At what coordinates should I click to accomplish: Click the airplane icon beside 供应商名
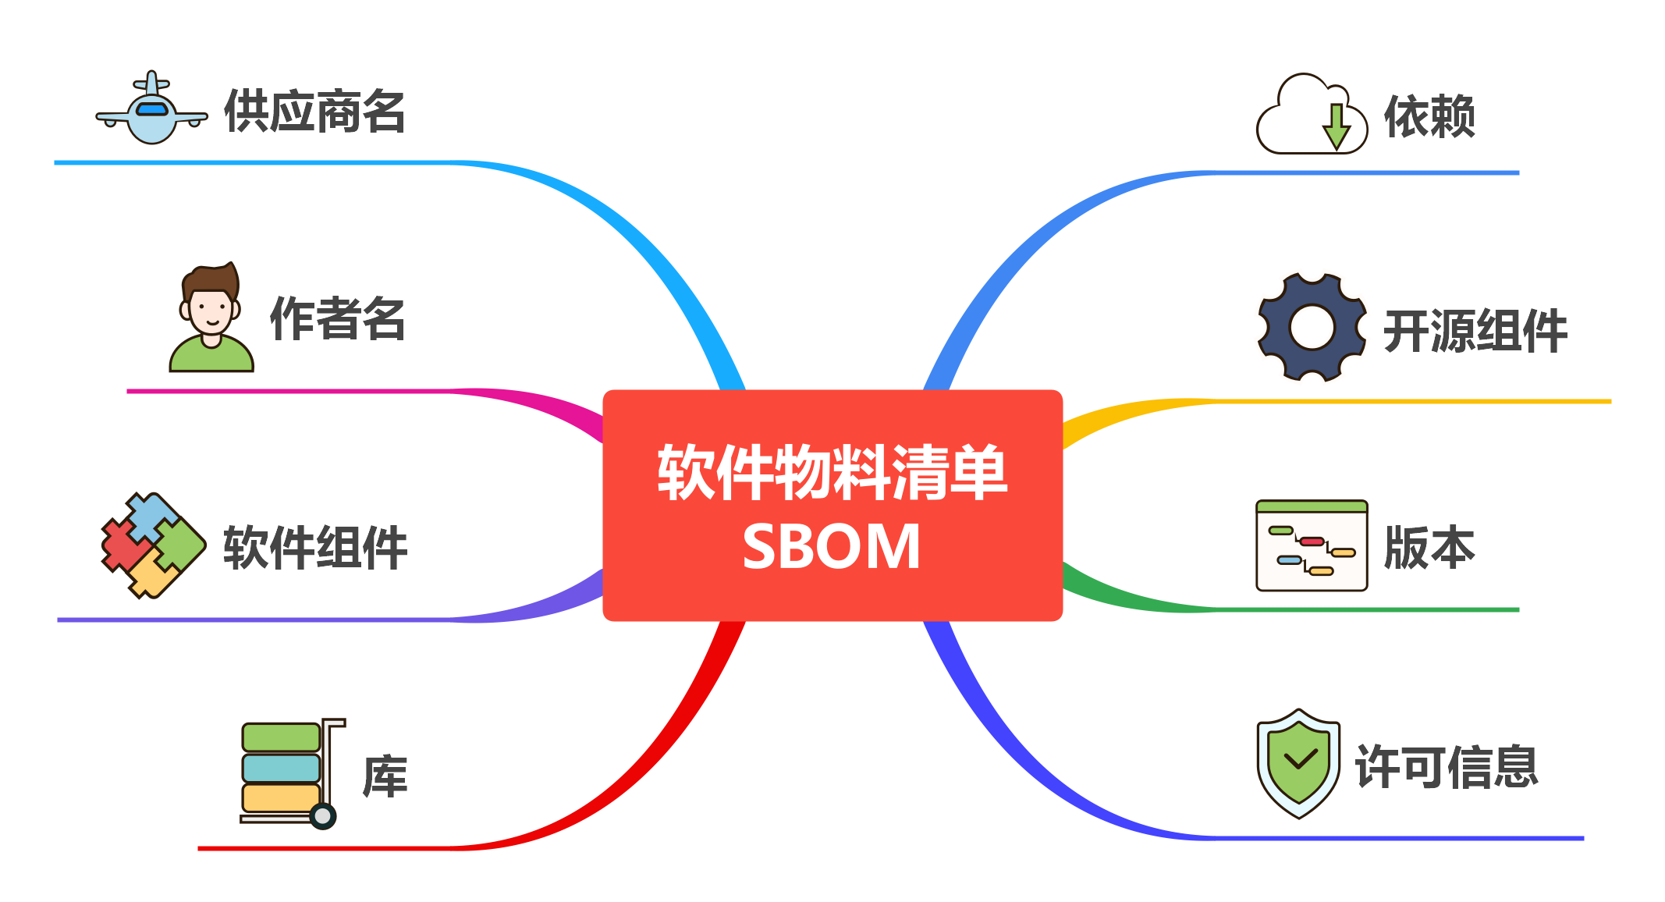pyautogui.click(x=151, y=109)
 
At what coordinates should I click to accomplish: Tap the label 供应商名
pyautogui.click(x=314, y=112)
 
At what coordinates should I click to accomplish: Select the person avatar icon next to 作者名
pyautogui.click(x=211, y=318)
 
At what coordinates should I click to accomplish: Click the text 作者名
pyautogui.click(x=337, y=318)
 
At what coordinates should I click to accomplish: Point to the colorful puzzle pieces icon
pyautogui.click(x=153, y=545)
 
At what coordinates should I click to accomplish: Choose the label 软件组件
pyautogui.click(x=315, y=547)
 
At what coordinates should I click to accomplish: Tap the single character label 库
pyautogui.click(x=385, y=776)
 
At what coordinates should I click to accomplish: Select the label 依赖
pyautogui.click(x=1429, y=117)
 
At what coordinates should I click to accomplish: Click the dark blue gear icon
pyautogui.click(x=1312, y=327)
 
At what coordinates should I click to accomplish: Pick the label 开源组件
pyautogui.click(x=1475, y=331)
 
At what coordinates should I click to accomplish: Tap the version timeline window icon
pyautogui.click(x=1312, y=545)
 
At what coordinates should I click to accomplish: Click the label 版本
pyautogui.click(x=1429, y=547)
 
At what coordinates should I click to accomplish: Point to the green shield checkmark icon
pyautogui.click(x=1298, y=763)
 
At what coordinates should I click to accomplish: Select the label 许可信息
pyautogui.click(x=1447, y=767)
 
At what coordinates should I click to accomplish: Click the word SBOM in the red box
pyautogui.click(x=832, y=547)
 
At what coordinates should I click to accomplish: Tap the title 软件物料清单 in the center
pyautogui.click(x=832, y=471)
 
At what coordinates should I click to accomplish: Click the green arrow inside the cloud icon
pyautogui.click(x=1337, y=126)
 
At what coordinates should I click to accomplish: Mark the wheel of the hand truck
pyautogui.click(x=322, y=816)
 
